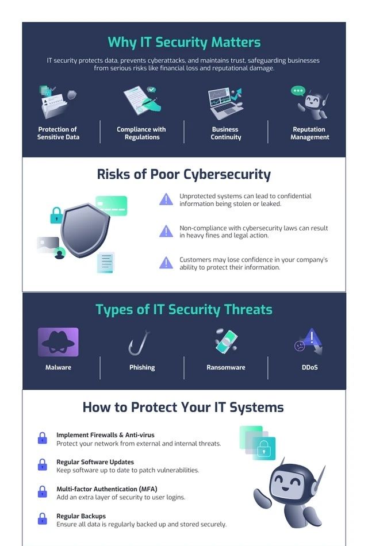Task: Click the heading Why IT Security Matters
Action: coord(184,43)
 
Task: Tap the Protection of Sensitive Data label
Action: coord(58,133)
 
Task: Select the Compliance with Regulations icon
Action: coord(142,101)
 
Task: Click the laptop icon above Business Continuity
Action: coord(225,103)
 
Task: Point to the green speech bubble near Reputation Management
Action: coord(298,91)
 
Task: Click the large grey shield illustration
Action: coord(85,230)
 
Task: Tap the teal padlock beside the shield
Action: coord(56,216)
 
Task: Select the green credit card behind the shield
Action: coord(112,205)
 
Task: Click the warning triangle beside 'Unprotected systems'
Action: coord(166,199)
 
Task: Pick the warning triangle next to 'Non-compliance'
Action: coord(166,231)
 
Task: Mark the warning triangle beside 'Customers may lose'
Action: coord(166,263)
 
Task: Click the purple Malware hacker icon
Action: coord(58,342)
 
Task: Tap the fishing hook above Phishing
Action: coord(139,343)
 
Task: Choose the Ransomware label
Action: coord(226,367)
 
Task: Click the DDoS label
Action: coord(310,367)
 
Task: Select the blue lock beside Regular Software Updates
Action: coord(42,464)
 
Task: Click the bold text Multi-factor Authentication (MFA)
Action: coord(107,489)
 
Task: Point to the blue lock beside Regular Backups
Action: coord(42,518)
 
